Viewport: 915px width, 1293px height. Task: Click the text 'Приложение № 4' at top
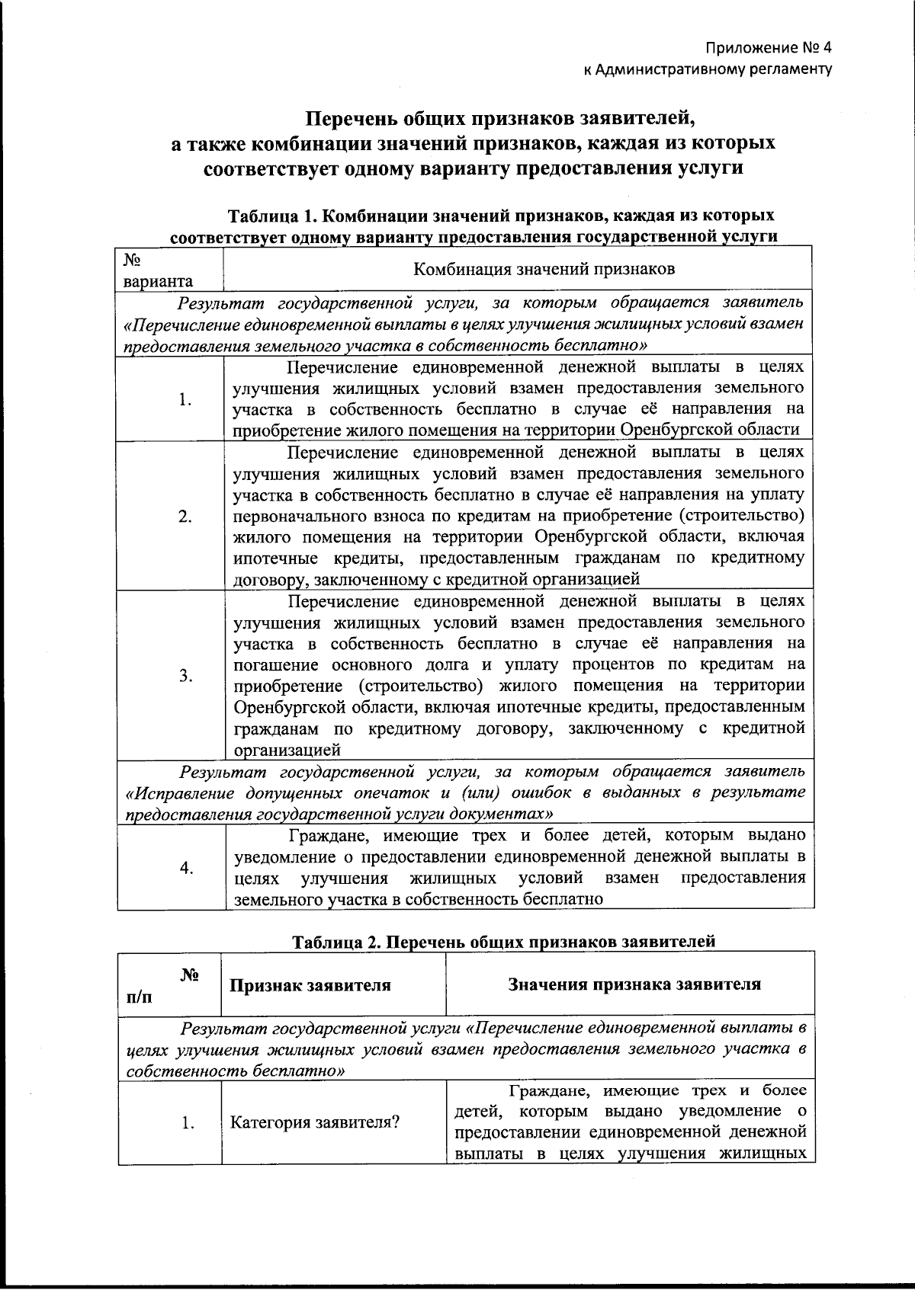[x=767, y=48]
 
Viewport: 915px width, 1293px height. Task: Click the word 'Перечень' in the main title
[x=351, y=119]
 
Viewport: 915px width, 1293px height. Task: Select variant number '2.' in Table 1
[x=185, y=517]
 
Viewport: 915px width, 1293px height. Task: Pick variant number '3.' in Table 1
[x=185, y=676]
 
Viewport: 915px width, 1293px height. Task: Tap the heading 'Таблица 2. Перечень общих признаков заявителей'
[x=504, y=942]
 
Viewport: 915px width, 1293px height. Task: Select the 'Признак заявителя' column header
[x=310, y=984]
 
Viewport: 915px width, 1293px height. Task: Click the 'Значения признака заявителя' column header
[x=634, y=984]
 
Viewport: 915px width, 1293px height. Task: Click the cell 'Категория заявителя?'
[x=316, y=1122]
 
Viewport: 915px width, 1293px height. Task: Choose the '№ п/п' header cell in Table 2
[x=168, y=985]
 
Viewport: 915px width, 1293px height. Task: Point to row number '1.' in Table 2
[x=188, y=1122]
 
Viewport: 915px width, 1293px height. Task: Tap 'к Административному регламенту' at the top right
[x=706, y=70]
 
